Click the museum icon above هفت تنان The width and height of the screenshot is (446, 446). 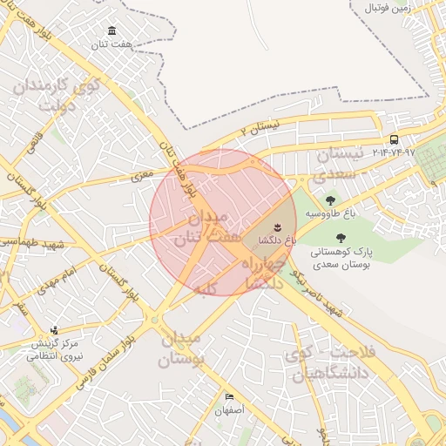click(x=111, y=30)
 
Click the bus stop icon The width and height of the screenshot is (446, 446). click(x=395, y=139)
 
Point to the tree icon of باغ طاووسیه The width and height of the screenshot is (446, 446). click(x=328, y=202)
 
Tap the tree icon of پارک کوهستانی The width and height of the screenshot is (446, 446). click(x=340, y=238)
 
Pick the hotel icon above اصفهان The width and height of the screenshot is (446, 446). click(x=229, y=395)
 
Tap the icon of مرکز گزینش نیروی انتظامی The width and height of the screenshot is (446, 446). click(x=54, y=331)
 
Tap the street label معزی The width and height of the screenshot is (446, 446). click(x=141, y=175)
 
